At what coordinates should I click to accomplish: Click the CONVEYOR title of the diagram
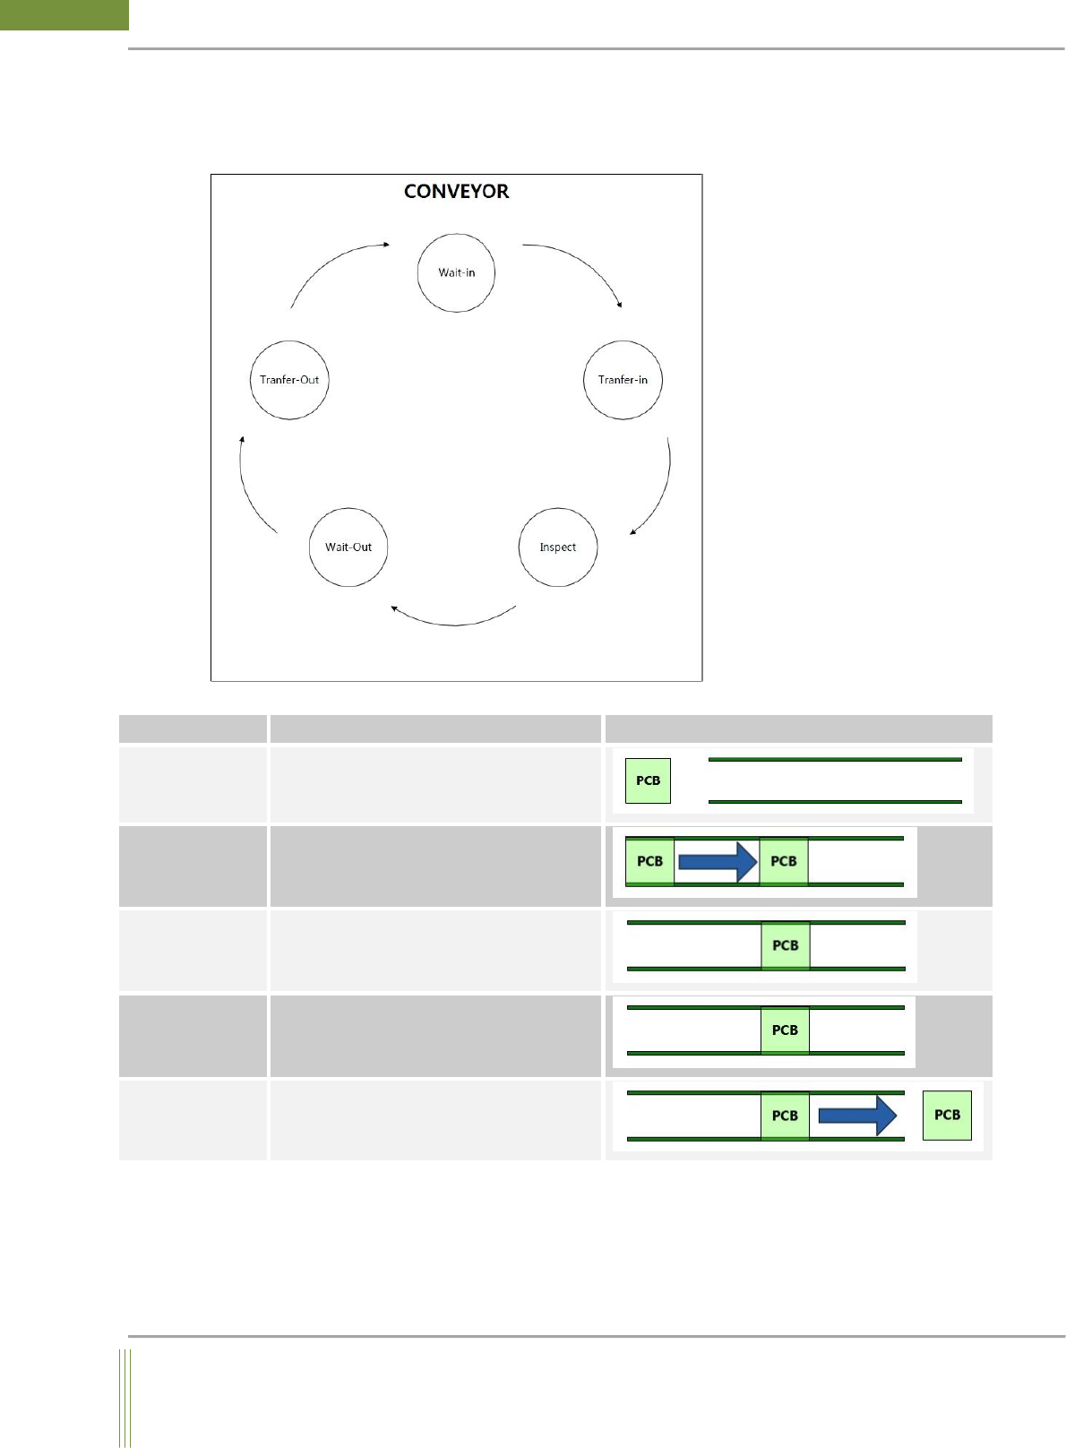pyautogui.click(x=456, y=191)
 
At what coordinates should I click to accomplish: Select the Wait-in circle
pyautogui.click(x=456, y=273)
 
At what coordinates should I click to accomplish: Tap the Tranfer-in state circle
pyautogui.click(x=623, y=380)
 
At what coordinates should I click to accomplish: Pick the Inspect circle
pyautogui.click(x=557, y=547)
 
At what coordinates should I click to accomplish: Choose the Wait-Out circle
pyautogui.click(x=348, y=547)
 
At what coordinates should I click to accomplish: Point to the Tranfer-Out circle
pyautogui.click(x=289, y=380)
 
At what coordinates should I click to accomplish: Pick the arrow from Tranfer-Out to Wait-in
pyautogui.click(x=331, y=265)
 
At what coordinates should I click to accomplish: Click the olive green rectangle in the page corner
pyautogui.click(x=64, y=14)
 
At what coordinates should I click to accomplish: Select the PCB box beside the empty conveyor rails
pyautogui.click(x=648, y=780)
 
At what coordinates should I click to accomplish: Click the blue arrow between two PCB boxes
pyautogui.click(x=718, y=861)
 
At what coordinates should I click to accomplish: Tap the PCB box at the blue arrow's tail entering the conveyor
pyautogui.click(x=649, y=861)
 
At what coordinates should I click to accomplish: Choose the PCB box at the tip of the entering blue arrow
pyautogui.click(x=784, y=861)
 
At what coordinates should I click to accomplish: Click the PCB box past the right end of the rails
pyautogui.click(x=947, y=1115)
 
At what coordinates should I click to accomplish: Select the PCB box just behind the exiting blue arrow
pyautogui.click(x=785, y=1116)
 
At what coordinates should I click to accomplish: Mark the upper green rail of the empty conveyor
pyautogui.click(x=835, y=760)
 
